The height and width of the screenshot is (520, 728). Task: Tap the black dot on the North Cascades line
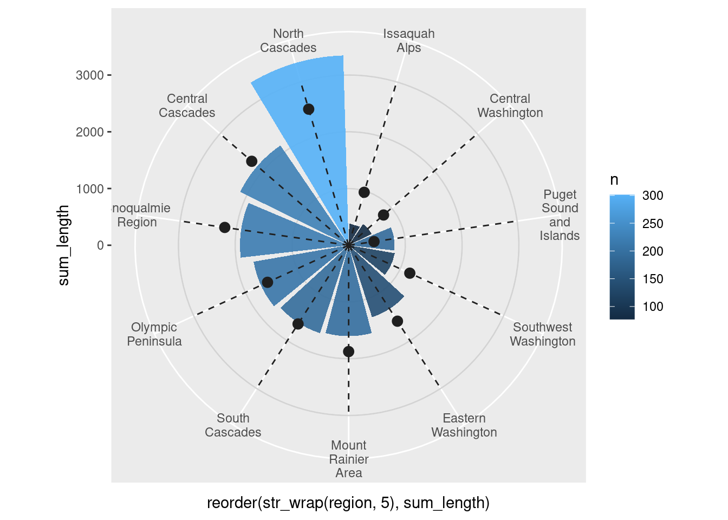(x=309, y=109)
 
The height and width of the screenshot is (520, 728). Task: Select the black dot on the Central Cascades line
(x=251, y=161)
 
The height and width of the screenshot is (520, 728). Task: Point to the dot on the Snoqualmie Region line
(x=225, y=227)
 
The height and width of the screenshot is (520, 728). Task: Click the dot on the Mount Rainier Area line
(x=348, y=352)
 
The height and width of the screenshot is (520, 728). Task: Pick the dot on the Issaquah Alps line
(x=364, y=192)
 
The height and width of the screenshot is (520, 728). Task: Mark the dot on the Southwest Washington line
(x=409, y=273)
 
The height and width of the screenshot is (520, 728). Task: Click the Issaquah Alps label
(x=408, y=41)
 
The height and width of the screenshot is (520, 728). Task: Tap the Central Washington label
(x=510, y=106)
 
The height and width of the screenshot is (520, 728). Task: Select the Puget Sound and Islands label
(x=560, y=215)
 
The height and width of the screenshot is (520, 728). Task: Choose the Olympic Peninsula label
(x=154, y=334)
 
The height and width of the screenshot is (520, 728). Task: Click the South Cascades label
(x=233, y=425)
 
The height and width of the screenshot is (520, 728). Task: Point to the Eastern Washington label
(x=464, y=425)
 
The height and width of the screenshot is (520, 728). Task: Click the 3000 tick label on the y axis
(x=90, y=75)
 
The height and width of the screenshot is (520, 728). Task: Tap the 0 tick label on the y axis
(x=100, y=245)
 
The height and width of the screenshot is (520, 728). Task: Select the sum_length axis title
(x=64, y=245)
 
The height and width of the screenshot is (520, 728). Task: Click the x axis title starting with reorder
(x=348, y=503)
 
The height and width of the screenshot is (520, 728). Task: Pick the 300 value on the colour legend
(x=653, y=196)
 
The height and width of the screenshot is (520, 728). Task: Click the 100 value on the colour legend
(x=653, y=307)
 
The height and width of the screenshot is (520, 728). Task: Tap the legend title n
(x=614, y=180)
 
